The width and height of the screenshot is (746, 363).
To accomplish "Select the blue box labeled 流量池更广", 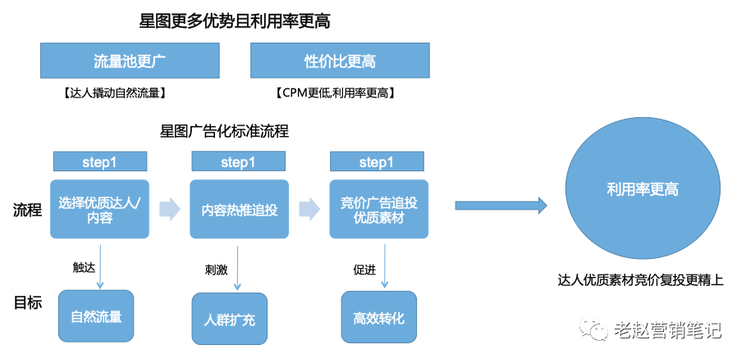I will [130, 61].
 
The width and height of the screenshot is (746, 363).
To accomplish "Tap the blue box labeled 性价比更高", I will [340, 61].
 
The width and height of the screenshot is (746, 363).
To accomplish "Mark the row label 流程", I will [27, 210].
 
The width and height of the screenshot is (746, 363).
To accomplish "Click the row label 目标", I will [27, 302].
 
